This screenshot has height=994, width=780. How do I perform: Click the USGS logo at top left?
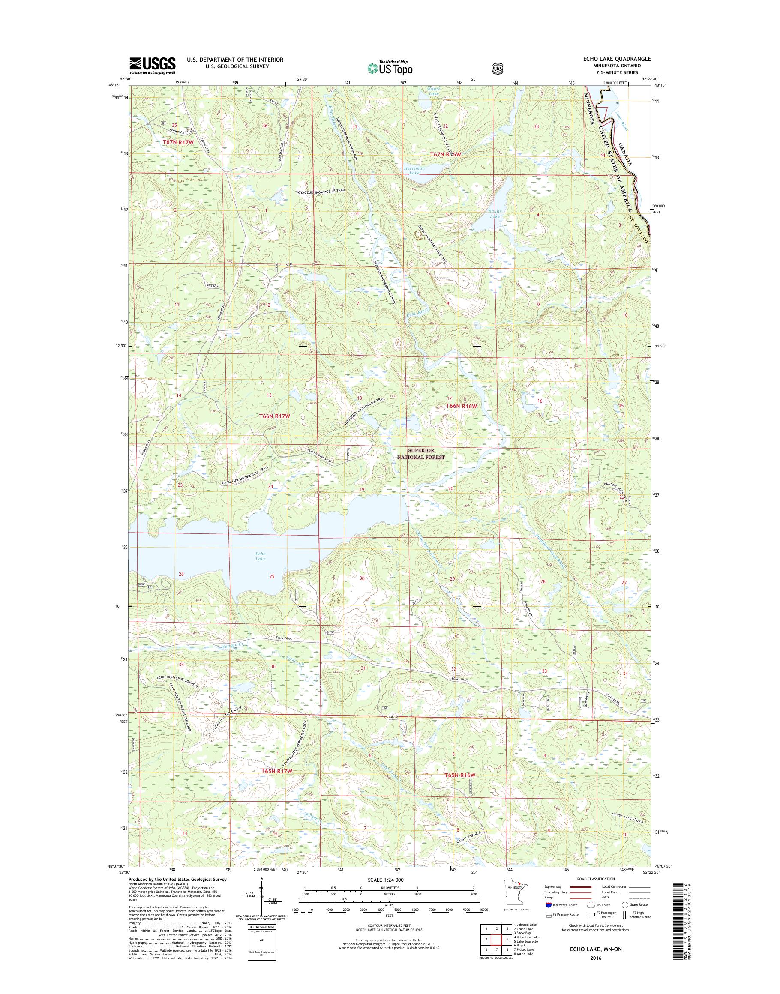pyautogui.click(x=152, y=65)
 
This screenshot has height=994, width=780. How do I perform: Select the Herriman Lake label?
pyautogui.click(x=414, y=171)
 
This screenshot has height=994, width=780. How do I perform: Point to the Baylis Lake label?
pyautogui.click(x=495, y=213)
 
